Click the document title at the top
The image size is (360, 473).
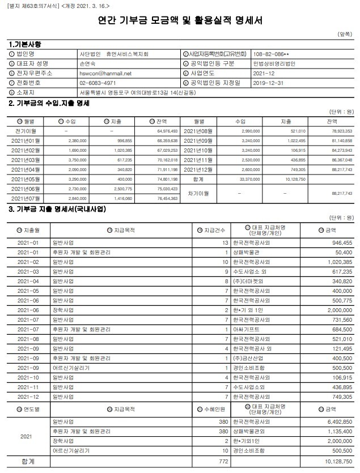click(180, 21)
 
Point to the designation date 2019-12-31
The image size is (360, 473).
click(268, 83)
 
